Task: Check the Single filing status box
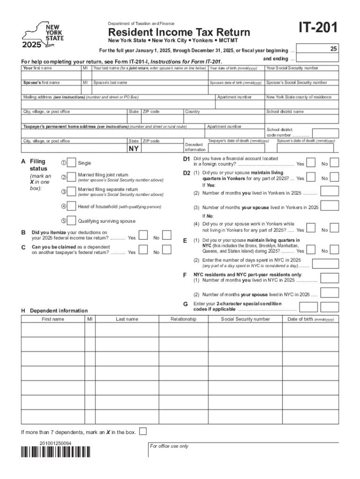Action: (71, 162)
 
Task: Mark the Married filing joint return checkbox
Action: (71, 177)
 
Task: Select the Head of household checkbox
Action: (71, 206)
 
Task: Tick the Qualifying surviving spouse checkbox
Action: (71, 221)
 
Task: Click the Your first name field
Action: (50, 75)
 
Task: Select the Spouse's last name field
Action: (149, 90)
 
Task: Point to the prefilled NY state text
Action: (134, 149)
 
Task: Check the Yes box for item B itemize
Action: (144, 234)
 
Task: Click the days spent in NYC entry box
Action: (330, 263)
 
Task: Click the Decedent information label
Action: (195, 147)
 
